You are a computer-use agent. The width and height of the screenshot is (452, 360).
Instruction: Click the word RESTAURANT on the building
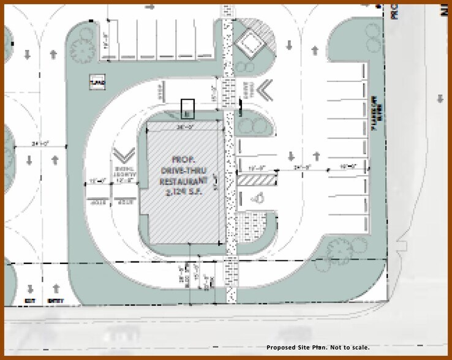click(x=181, y=182)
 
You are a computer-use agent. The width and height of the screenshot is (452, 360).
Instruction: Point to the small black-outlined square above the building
click(x=187, y=108)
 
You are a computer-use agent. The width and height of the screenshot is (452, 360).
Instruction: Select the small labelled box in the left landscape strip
click(x=96, y=81)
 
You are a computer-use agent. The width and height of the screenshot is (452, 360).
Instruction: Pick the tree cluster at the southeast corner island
click(x=338, y=248)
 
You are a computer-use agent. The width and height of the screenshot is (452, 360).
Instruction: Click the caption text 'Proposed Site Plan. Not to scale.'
click(x=318, y=347)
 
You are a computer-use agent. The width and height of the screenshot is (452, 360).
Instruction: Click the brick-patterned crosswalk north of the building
click(x=230, y=92)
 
